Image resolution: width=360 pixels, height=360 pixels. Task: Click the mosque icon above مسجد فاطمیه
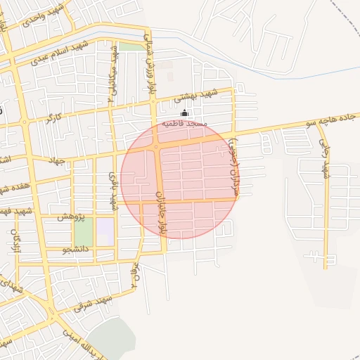coord(185,113)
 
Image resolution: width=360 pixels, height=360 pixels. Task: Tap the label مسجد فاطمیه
coord(185,124)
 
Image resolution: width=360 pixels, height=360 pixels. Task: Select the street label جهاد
coord(56,161)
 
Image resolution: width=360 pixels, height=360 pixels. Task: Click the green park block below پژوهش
coord(84,232)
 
